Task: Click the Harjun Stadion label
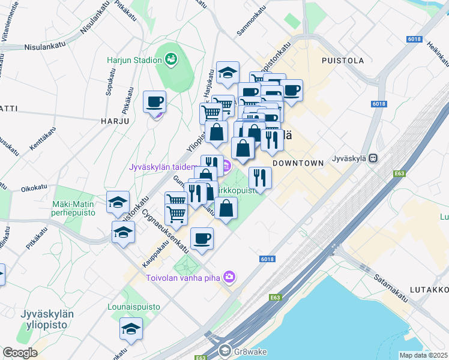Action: (x=134, y=60)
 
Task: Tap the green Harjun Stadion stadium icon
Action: (x=171, y=59)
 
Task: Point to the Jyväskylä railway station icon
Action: (x=373, y=158)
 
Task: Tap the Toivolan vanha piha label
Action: (x=182, y=277)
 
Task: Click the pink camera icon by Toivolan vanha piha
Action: (x=228, y=277)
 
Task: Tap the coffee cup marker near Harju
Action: (x=155, y=101)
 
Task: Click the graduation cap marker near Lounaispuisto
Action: (x=131, y=328)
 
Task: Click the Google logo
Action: (x=20, y=353)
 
